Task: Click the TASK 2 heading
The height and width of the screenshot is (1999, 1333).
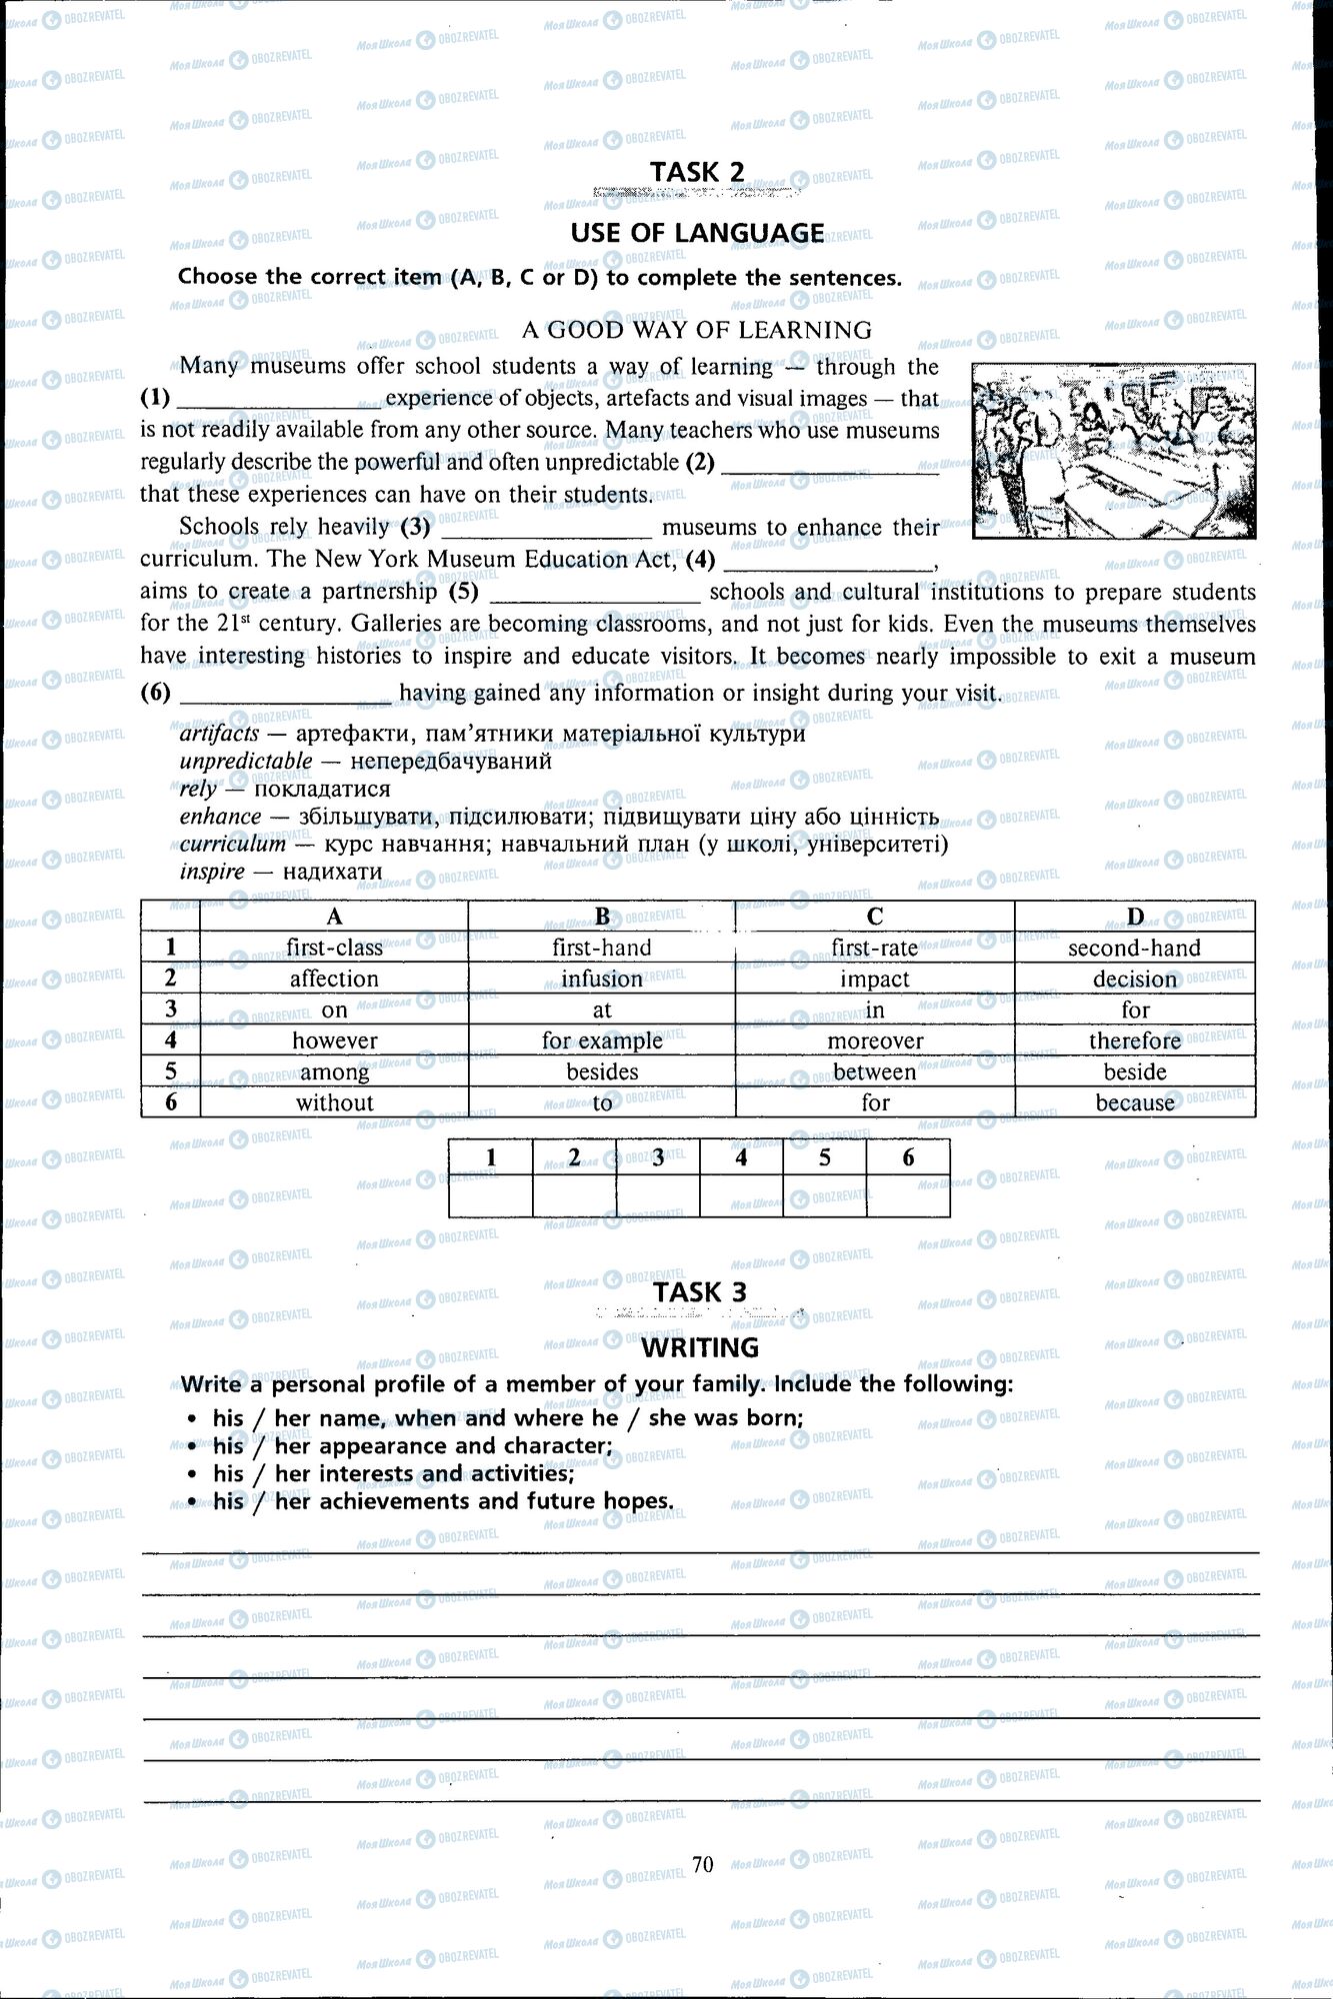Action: coord(697,172)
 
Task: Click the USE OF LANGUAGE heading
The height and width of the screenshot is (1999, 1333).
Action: coord(697,233)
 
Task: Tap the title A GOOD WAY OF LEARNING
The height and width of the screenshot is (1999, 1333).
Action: coord(697,330)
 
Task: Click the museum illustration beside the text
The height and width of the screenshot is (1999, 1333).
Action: coord(1114,451)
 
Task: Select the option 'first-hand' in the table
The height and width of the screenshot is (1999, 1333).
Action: coord(601,948)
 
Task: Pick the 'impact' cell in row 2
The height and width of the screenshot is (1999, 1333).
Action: coord(874,979)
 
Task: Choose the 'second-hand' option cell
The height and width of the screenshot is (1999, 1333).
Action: coord(1134,948)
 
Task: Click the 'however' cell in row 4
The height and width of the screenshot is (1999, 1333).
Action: coord(334,1040)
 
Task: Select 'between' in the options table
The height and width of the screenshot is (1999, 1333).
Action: coord(874,1071)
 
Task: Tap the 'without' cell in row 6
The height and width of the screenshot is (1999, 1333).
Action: coord(334,1102)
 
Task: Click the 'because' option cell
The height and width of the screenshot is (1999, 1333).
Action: coord(1134,1102)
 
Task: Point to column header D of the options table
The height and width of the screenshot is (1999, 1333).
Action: coord(1134,917)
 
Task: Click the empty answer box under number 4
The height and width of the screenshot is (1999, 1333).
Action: coord(741,1195)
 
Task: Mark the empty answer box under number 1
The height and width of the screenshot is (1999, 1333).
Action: coord(490,1195)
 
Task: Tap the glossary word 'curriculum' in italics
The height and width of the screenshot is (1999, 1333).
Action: coord(233,844)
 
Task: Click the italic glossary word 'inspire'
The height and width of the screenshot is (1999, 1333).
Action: coord(212,872)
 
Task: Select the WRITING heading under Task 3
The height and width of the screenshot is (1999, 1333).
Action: coord(700,1347)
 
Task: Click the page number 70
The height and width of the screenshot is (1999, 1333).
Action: coord(702,1864)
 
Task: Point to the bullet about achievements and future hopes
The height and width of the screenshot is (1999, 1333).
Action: coord(442,1501)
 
